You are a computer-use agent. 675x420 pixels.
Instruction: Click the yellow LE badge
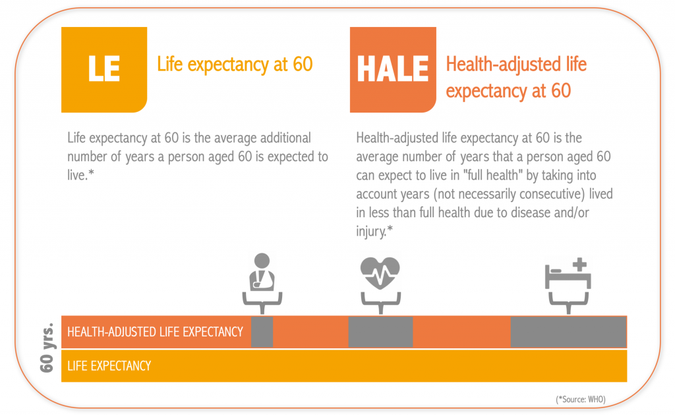coord(103,69)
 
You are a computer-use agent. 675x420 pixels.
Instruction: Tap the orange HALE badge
coord(392,69)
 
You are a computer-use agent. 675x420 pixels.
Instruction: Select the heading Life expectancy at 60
coord(235,65)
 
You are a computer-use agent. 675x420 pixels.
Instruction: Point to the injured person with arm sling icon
coord(262,273)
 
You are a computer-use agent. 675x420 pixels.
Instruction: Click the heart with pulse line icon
coord(380,273)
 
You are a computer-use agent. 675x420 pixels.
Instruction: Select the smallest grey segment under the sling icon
coord(262,332)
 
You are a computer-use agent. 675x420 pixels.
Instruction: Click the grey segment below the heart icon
coord(380,332)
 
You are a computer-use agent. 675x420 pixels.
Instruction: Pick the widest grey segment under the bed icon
coord(568,332)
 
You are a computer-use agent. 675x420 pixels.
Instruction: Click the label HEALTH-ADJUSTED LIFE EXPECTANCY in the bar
coord(156,332)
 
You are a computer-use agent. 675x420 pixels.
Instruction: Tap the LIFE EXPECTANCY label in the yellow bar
coord(109,365)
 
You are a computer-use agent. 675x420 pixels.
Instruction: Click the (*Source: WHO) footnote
coord(580,399)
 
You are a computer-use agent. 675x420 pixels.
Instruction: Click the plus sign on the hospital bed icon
coord(579,265)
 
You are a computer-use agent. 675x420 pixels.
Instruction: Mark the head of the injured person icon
coord(262,260)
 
